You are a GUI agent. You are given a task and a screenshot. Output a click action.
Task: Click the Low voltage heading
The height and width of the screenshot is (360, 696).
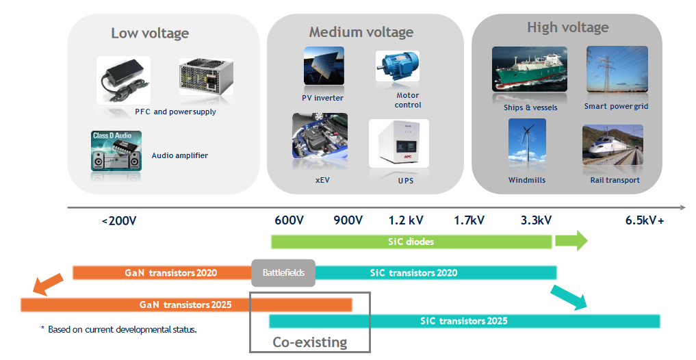[x=150, y=34]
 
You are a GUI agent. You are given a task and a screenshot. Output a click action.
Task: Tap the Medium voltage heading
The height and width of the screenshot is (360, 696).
[x=361, y=32]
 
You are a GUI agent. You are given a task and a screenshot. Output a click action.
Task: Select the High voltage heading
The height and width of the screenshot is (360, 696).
[x=567, y=28]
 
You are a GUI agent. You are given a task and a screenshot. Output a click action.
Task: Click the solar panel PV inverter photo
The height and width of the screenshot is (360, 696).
[x=324, y=66]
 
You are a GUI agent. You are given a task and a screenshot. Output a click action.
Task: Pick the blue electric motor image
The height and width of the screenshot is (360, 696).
[x=398, y=66]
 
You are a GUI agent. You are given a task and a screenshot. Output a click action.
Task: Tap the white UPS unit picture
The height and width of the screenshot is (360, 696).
[x=398, y=143]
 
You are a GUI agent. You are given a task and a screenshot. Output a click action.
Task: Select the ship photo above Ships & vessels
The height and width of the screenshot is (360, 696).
[x=529, y=68]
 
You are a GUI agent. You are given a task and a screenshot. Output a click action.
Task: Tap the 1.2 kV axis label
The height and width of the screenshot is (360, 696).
[x=406, y=220]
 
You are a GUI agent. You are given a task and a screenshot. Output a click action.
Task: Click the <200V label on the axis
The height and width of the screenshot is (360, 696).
[x=118, y=220]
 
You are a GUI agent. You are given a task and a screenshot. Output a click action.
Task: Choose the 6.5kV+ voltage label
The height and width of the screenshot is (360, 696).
[x=645, y=220]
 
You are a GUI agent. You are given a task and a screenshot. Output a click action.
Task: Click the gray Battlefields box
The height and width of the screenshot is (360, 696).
[x=283, y=272]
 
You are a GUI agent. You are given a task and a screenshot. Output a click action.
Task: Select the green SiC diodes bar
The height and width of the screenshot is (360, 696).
[x=411, y=242]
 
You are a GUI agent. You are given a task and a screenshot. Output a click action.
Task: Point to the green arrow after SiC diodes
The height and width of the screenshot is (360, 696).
[x=571, y=241]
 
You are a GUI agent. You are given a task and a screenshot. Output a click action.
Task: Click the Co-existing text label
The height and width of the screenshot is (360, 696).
[x=310, y=342]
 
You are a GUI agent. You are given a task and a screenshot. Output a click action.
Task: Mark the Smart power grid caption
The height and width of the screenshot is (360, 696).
[x=616, y=106]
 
